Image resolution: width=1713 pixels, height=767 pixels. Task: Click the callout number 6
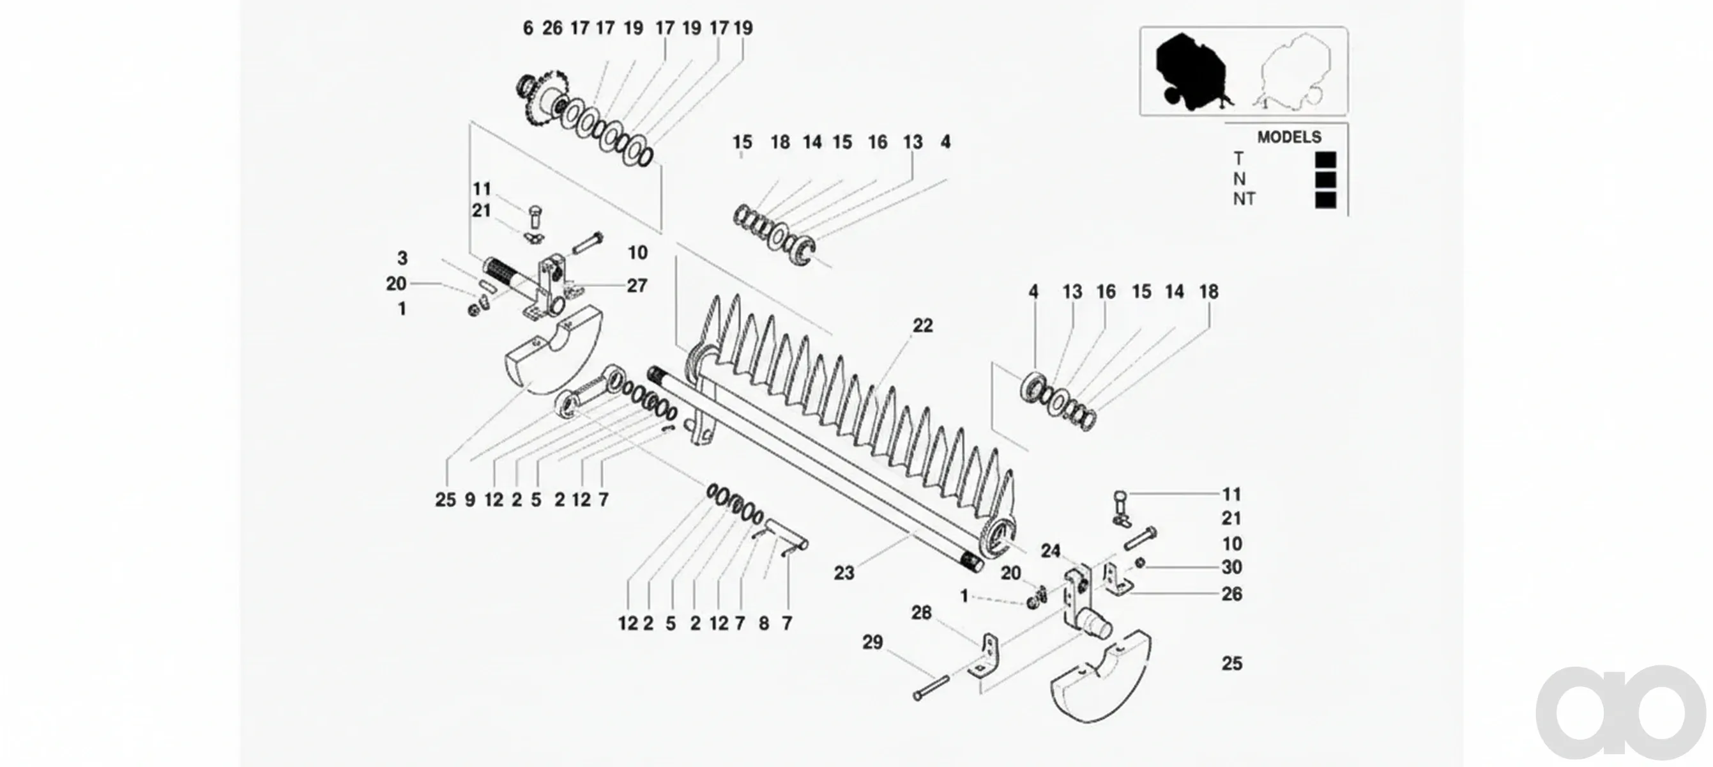528,28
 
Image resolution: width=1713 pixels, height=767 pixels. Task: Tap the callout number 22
922,325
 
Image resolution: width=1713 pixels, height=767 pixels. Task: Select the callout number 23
844,573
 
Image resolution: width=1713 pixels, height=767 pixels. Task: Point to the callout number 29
872,642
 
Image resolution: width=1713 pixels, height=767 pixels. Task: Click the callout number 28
921,613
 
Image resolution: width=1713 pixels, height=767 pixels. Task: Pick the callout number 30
1231,568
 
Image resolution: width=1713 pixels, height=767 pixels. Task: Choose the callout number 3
402,258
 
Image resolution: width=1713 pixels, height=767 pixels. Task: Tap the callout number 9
469,500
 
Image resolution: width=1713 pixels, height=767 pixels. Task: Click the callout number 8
763,623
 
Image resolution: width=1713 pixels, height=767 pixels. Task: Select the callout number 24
1051,551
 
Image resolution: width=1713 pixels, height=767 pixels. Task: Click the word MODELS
1289,137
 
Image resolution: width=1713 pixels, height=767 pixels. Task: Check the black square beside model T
1325,160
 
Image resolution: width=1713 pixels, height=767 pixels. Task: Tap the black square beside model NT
1325,200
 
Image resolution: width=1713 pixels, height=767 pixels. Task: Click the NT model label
1244,199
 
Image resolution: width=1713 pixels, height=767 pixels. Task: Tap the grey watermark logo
1620,712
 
